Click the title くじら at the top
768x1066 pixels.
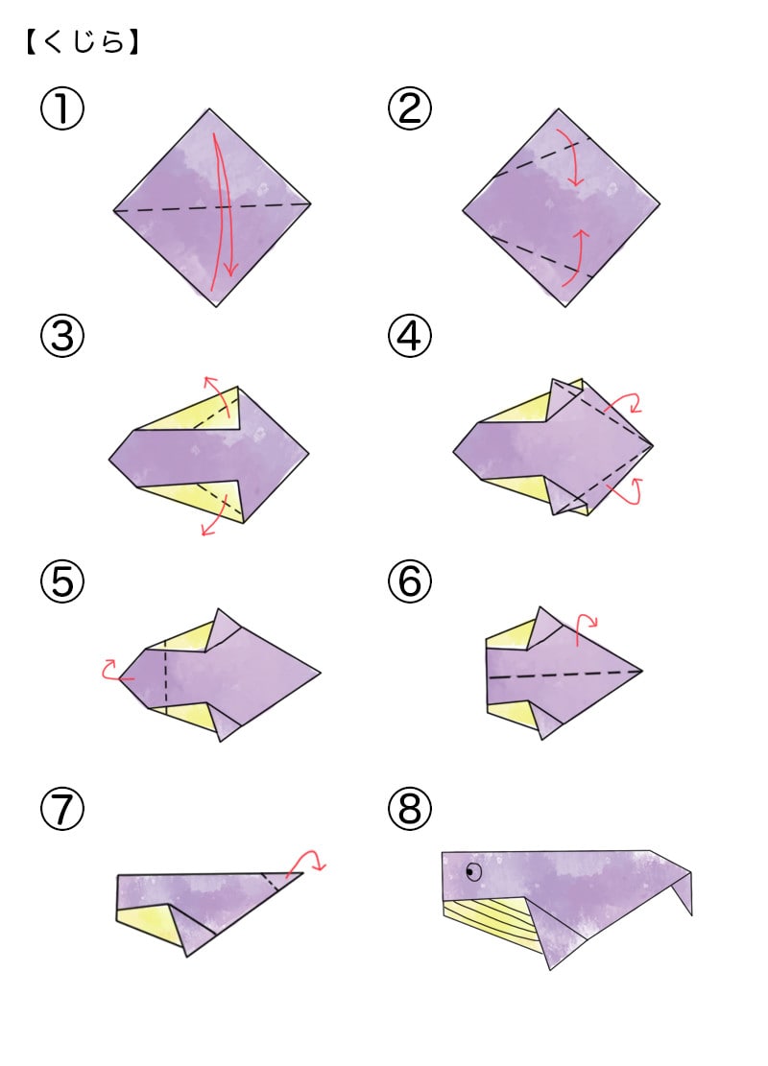83,43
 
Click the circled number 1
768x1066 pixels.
62,108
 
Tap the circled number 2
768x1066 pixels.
410,108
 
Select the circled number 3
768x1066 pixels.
62,336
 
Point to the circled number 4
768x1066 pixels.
410,336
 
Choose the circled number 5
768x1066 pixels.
62,582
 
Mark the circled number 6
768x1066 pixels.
410,582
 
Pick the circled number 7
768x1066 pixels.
62,809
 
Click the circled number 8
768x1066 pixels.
410,809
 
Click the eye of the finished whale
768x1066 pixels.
473,871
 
